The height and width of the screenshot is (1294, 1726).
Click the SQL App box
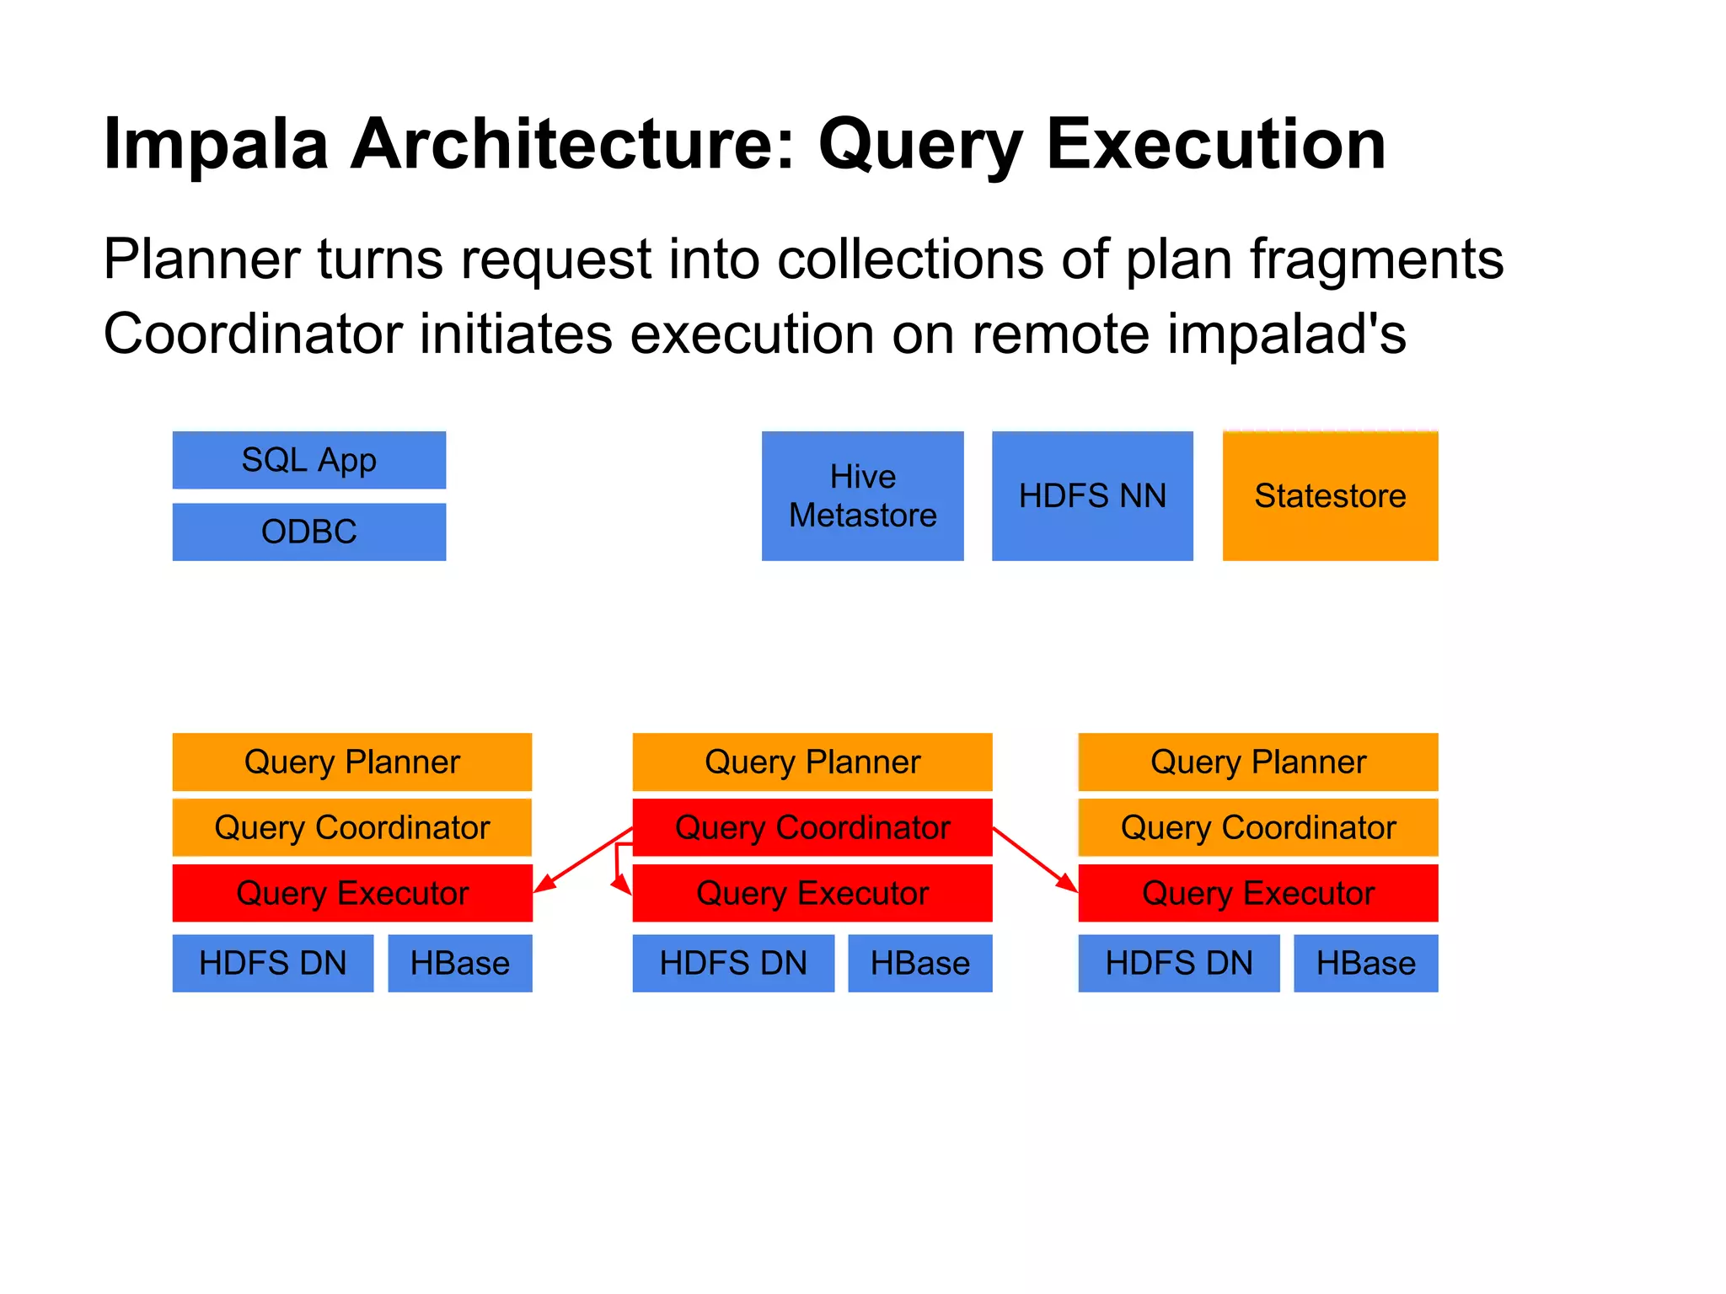[x=308, y=460]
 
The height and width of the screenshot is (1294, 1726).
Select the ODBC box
[x=308, y=532]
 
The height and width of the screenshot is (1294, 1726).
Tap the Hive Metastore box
[x=862, y=495]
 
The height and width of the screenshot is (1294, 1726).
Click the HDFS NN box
[x=1092, y=495]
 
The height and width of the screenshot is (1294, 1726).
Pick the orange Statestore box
[x=1330, y=495]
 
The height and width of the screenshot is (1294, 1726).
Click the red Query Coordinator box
[x=812, y=827]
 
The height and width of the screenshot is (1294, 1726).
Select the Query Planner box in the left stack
[x=351, y=762]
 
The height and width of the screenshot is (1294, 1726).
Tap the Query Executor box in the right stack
[x=1257, y=893]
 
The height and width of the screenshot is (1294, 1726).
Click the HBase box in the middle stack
[x=919, y=963]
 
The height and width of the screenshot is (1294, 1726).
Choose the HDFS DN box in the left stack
[x=272, y=963]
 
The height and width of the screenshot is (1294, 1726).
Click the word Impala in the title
[x=215, y=145]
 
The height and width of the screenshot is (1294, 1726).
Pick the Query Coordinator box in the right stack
[x=1257, y=827]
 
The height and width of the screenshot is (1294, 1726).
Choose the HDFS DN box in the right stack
[x=1178, y=963]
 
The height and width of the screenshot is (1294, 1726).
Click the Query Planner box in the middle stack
[x=812, y=762]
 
